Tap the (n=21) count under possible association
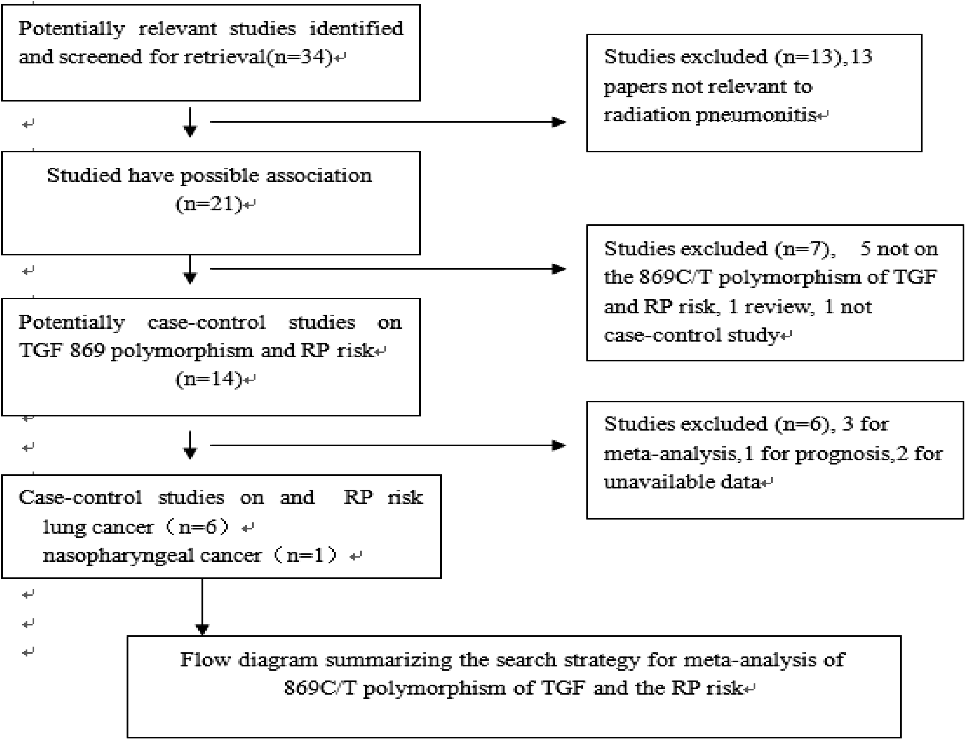point(209,204)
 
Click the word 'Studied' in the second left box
point(84,175)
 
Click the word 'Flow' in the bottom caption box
point(205,660)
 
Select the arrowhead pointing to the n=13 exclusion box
point(559,122)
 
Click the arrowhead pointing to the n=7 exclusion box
point(559,269)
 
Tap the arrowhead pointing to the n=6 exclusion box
point(559,445)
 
